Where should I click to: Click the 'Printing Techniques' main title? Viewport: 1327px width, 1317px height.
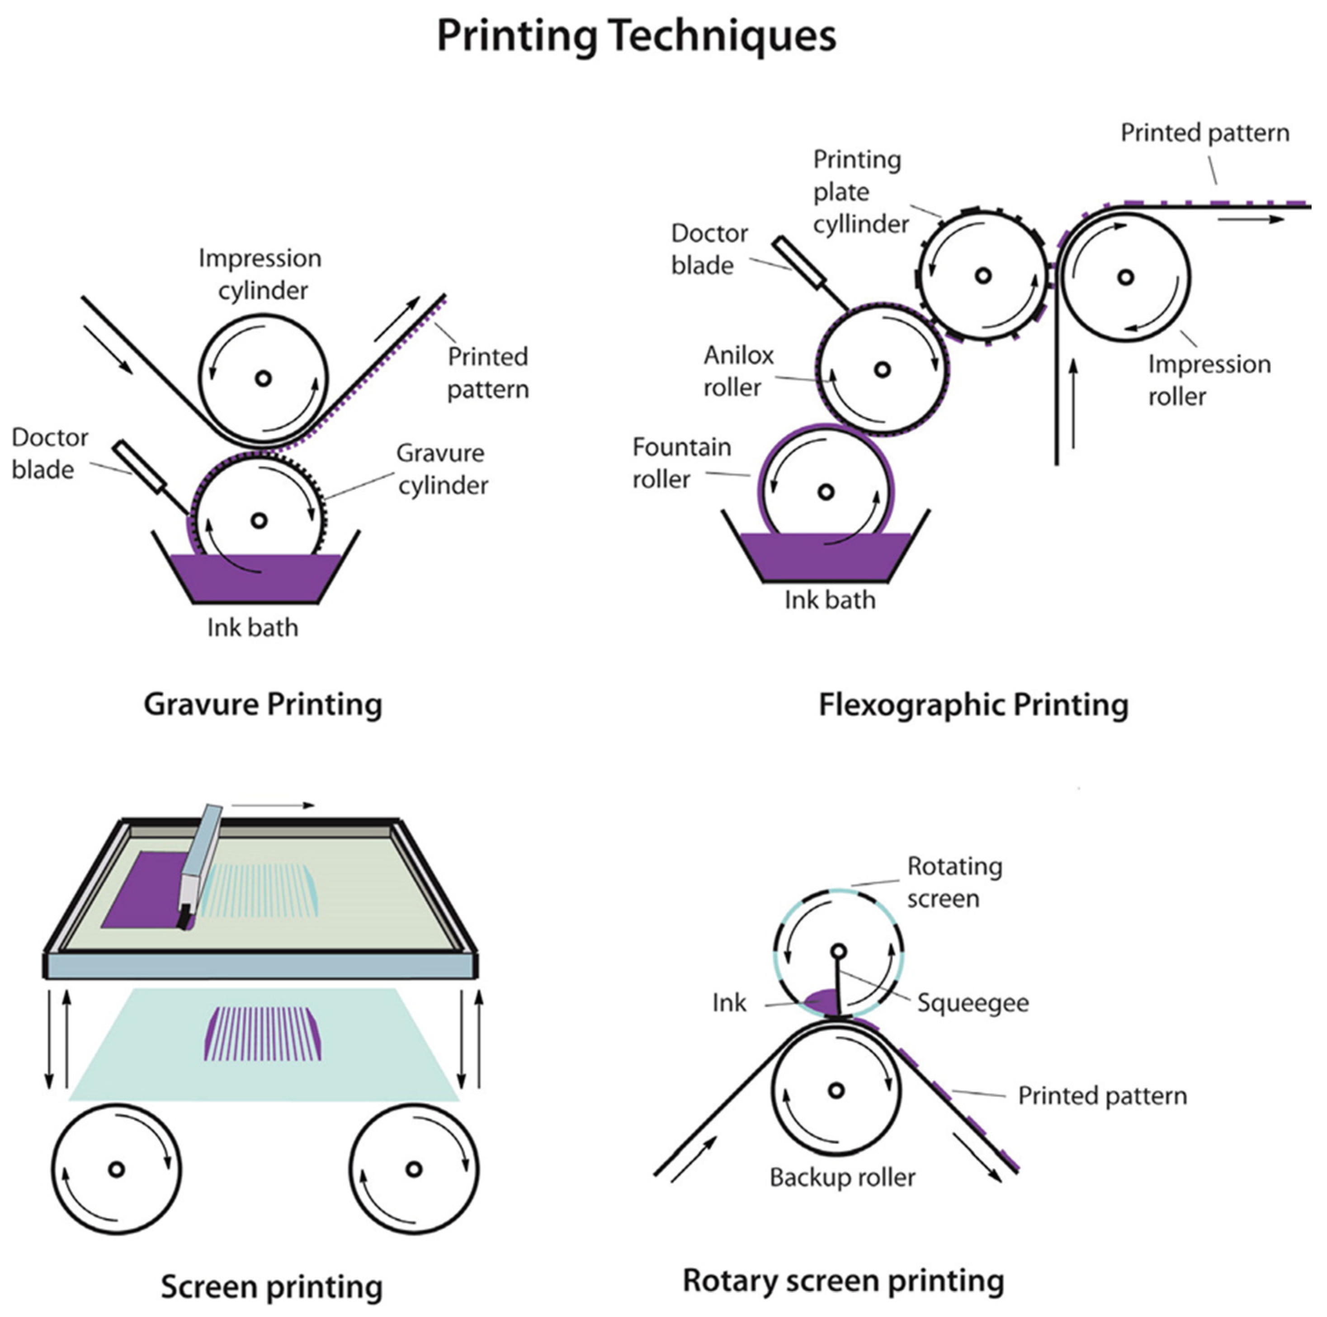[636, 36]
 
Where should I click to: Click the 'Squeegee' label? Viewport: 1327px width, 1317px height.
[973, 1002]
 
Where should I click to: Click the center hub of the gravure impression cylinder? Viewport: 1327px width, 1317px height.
[263, 378]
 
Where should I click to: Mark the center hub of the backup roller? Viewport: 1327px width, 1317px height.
[836, 1090]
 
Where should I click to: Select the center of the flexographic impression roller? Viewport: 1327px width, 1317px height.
[1125, 278]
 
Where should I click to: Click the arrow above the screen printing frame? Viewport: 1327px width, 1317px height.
[273, 805]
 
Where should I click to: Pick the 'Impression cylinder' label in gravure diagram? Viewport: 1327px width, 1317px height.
[261, 274]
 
